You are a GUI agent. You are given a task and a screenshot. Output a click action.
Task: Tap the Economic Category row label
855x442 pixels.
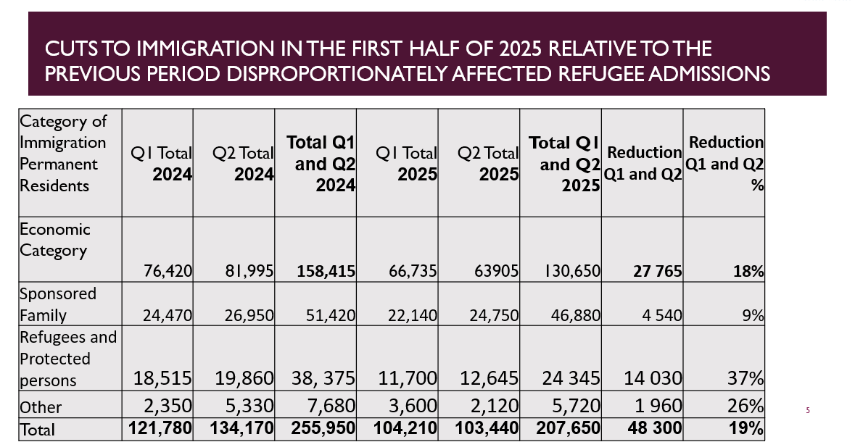coord(54,240)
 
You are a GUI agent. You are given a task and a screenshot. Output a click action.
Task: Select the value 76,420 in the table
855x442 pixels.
coord(168,271)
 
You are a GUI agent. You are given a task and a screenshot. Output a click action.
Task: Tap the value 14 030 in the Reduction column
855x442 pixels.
coord(653,378)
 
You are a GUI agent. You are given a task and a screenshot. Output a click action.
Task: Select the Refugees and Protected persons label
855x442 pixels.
coord(67,359)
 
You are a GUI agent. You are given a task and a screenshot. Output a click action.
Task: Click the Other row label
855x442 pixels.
coord(41,407)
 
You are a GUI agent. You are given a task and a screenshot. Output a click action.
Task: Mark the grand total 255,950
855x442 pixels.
coord(323,428)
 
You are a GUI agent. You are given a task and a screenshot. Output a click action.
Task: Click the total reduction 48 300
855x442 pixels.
coord(651,428)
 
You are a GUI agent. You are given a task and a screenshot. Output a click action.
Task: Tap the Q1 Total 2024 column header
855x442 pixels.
coord(161,164)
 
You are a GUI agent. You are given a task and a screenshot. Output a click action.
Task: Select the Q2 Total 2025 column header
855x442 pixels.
coord(488,164)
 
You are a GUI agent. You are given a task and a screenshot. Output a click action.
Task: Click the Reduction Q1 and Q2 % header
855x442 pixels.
coord(724,164)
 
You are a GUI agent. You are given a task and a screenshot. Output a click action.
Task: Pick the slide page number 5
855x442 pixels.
coord(807,411)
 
